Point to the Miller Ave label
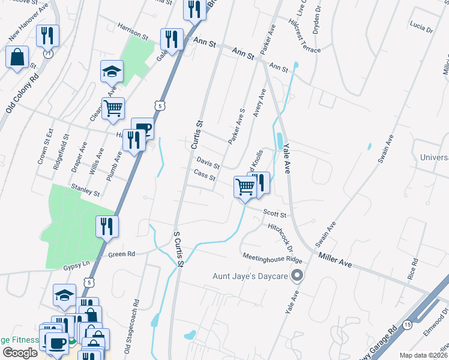pos(334,259)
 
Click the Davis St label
pos(208,163)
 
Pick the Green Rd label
pos(121,254)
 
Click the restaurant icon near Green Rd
pos(107,227)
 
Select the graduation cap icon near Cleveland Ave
pos(111,71)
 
